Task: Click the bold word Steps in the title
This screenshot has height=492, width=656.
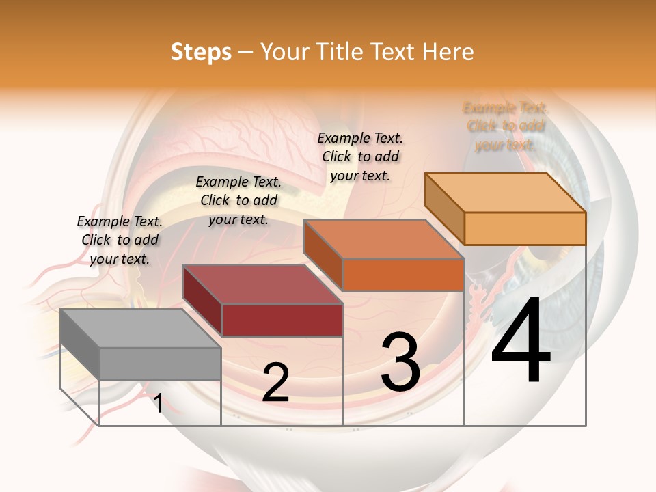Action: tap(201, 52)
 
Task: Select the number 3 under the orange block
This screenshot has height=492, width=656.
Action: tap(400, 362)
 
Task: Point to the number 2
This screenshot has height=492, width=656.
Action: tap(275, 383)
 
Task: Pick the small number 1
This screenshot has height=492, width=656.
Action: tap(158, 403)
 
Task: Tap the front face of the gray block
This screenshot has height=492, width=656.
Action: tap(161, 364)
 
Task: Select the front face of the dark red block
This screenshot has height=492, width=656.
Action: tap(282, 320)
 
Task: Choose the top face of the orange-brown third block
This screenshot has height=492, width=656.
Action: tap(383, 238)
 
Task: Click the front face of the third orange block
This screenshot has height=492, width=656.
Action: tap(403, 275)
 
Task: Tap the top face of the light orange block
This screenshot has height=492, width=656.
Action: tap(505, 192)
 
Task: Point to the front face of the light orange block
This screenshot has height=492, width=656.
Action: tap(525, 228)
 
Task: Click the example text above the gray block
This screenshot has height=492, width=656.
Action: tap(120, 240)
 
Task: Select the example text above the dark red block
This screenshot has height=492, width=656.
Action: tap(238, 200)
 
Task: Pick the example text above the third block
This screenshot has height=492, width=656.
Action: tap(360, 156)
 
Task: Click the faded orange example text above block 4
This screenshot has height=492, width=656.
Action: tap(506, 126)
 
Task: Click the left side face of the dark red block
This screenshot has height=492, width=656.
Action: tap(202, 301)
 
